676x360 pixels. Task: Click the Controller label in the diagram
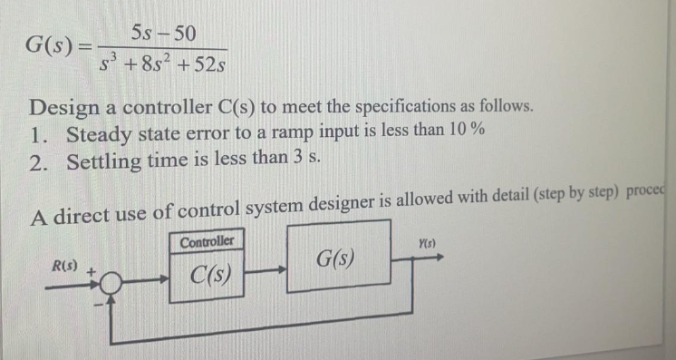(x=206, y=242)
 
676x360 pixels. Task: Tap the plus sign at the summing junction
(x=92, y=269)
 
